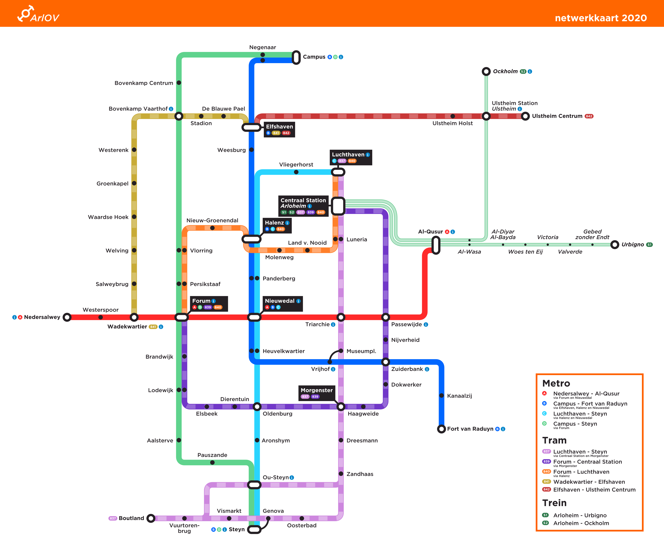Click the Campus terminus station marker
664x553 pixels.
(296, 57)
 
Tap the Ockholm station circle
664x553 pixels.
(486, 71)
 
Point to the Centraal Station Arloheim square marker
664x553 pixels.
(338, 206)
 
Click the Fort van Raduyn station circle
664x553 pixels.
(441, 429)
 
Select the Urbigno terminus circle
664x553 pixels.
(615, 245)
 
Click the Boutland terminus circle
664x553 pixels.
(151, 518)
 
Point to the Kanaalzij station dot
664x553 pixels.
(441, 396)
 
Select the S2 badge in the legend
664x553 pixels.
(545, 523)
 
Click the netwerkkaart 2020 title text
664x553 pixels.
(601, 18)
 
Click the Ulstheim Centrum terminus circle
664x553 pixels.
(525, 116)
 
